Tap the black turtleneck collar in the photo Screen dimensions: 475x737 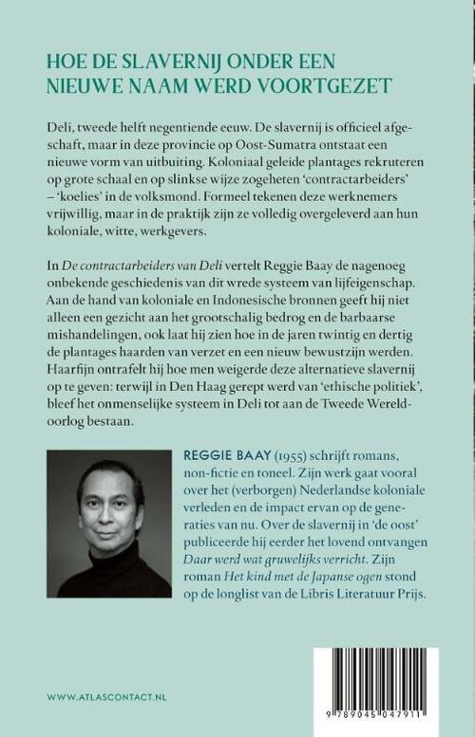[x=108, y=569]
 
